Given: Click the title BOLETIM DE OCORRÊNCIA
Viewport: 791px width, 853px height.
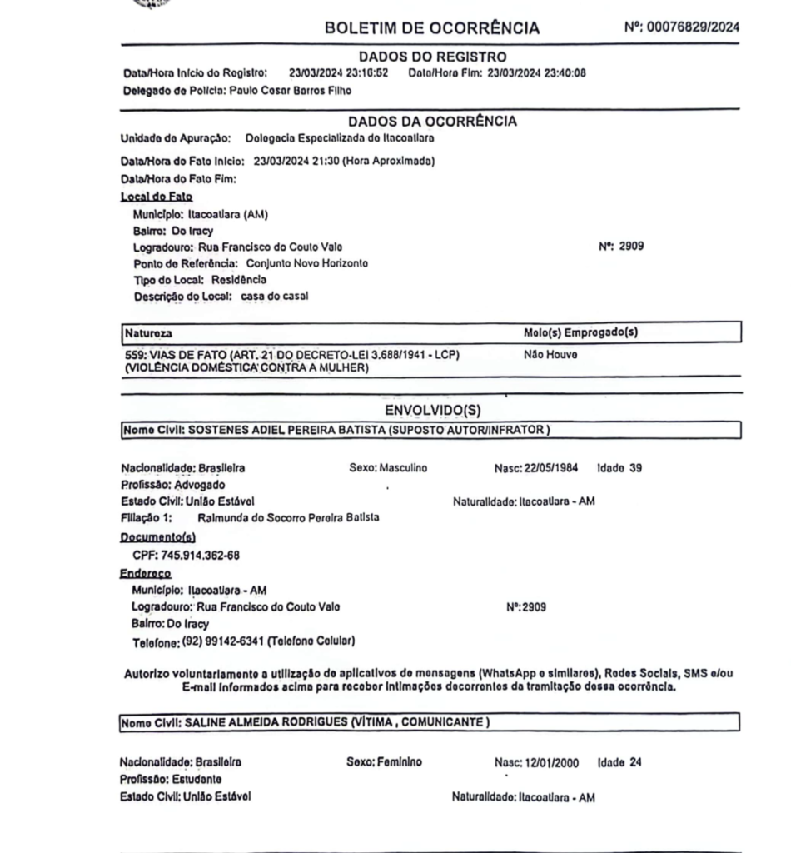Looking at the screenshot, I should pos(431,28).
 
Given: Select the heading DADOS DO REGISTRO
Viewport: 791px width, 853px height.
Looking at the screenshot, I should pos(432,57).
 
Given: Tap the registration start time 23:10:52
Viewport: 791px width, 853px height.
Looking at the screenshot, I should pos(363,72).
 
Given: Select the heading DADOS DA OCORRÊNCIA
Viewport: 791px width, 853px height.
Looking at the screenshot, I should pos(432,122).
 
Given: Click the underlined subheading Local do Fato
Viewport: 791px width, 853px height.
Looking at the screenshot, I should pos(157,197).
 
